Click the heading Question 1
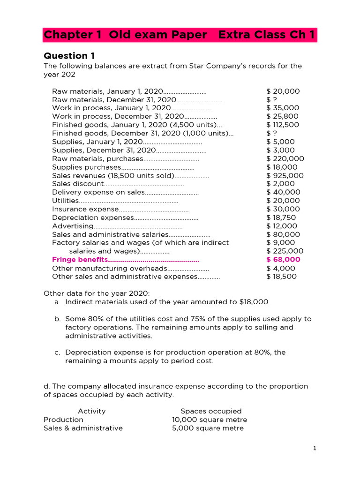pyautogui.click(x=69, y=56)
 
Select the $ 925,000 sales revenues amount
pyautogui.click(x=285, y=175)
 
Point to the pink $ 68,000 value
pyautogui.click(x=283, y=260)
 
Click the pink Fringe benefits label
pyautogui.click(x=80, y=260)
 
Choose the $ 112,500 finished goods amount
pyautogui.click(x=283, y=125)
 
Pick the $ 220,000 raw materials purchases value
pyautogui.click(x=285, y=158)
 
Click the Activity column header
pyautogui.click(x=91, y=411)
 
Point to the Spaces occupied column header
pyautogui.click(x=211, y=411)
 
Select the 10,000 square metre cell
pyautogui.click(x=210, y=420)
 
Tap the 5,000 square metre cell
pyautogui.click(x=208, y=428)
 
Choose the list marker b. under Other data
pyautogui.click(x=58, y=319)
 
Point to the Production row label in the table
pyautogui.click(x=63, y=420)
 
